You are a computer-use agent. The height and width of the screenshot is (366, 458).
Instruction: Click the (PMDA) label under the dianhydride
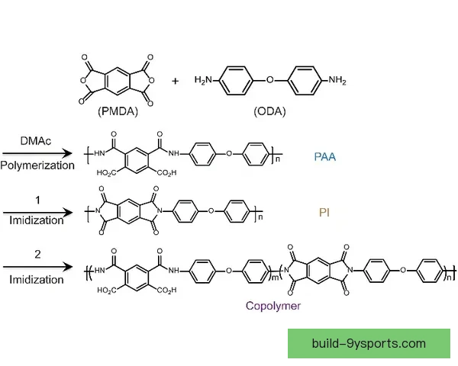tap(118, 111)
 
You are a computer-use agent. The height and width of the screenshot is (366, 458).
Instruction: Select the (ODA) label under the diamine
tap(269, 111)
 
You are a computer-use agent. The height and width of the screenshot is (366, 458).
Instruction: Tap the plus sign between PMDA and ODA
tap(175, 81)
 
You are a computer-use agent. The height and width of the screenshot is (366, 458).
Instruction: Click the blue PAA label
tap(325, 157)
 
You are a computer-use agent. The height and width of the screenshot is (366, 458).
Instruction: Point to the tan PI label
tap(324, 213)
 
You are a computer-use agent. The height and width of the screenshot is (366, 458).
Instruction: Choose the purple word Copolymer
tap(273, 306)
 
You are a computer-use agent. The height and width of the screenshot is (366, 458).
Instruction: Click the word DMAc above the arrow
tap(36, 141)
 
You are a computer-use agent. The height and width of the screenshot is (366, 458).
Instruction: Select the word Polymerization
tap(37, 165)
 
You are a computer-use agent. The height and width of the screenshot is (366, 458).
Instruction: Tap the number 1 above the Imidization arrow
tap(37, 201)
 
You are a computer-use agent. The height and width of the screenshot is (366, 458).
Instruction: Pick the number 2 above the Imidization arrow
tap(37, 255)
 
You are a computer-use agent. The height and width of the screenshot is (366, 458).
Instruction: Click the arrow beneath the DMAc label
tap(37, 153)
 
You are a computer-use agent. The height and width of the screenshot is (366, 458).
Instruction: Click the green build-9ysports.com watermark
tap(369, 344)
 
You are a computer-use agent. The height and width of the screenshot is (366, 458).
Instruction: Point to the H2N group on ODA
tap(204, 79)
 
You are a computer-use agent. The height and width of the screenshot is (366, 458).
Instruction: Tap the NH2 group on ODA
tap(337, 79)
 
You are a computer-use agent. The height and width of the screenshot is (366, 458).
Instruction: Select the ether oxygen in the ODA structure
tap(270, 79)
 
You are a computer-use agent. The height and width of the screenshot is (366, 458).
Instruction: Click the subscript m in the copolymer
tap(275, 278)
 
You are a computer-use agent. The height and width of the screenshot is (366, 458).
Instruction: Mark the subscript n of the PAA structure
tap(278, 159)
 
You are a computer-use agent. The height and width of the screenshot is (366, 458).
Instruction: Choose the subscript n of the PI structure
tap(260, 217)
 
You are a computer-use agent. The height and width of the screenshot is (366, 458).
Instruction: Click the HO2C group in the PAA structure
tap(106, 173)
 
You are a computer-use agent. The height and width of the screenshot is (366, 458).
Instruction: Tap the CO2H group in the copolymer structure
tap(166, 290)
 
